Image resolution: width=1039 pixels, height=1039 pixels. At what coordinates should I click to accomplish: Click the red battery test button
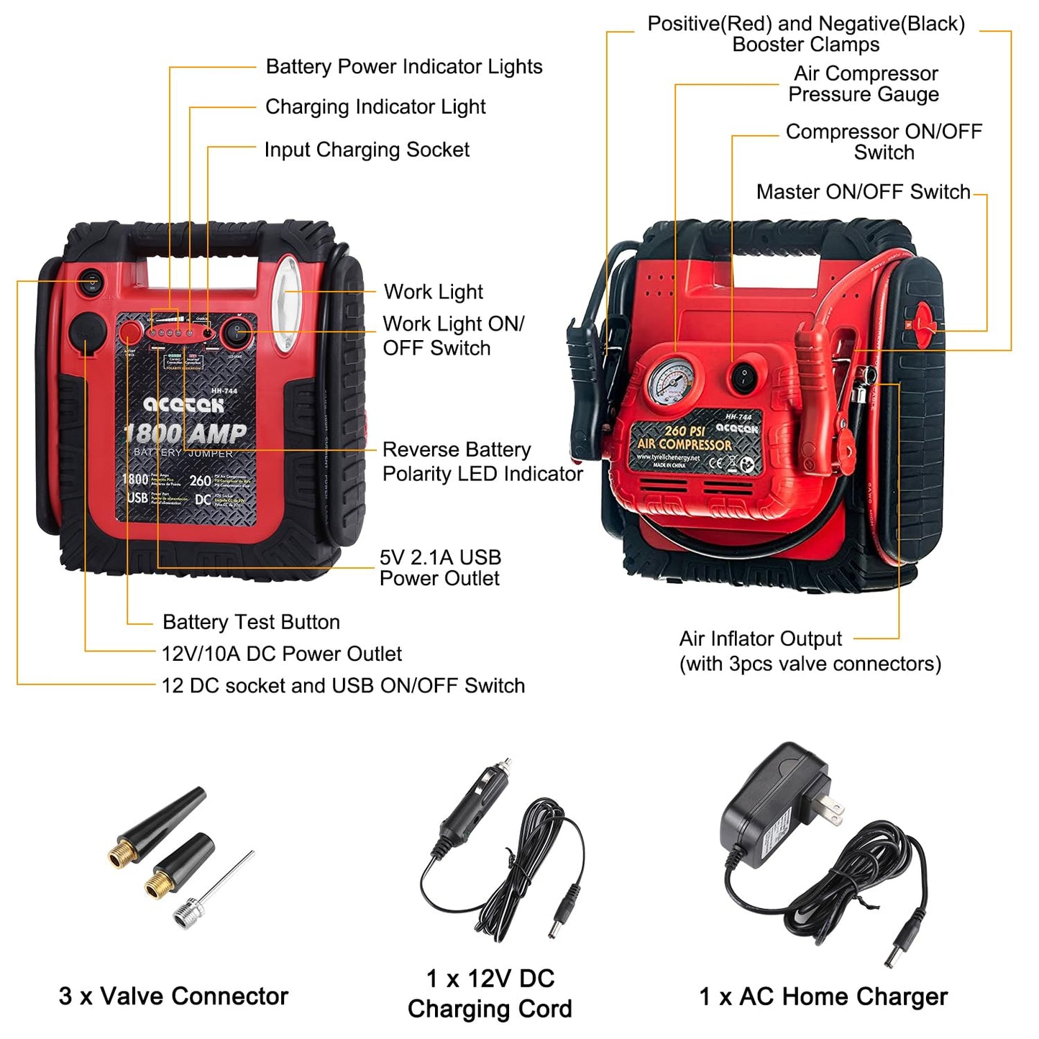[x=130, y=331]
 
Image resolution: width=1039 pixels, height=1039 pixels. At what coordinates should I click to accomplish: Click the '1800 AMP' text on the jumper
[x=186, y=434]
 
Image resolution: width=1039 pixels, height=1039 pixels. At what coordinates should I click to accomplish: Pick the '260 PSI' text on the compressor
[x=685, y=431]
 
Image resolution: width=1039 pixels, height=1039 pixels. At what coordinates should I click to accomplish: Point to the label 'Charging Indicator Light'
[x=375, y=107]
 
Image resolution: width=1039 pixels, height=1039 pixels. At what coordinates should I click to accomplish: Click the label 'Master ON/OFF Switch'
[x=863, y=192]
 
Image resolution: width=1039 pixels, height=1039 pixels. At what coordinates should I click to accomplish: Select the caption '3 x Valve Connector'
[x=173, y=996]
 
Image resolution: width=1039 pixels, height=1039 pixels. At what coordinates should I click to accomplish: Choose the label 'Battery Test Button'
[x=251, y=622]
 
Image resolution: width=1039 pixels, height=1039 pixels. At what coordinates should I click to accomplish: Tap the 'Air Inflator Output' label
[x=760, y=638]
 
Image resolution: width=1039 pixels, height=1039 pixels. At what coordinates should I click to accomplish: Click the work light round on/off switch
[x=237, y=332]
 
